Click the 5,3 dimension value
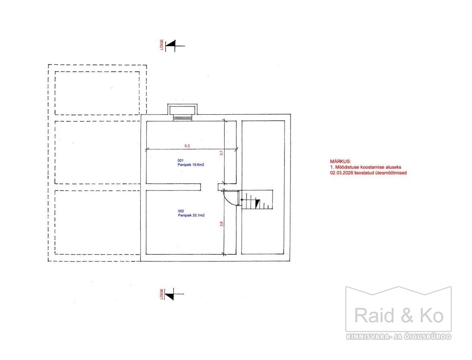(187, 146)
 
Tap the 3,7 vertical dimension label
(222, 153)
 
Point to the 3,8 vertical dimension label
(222, 224)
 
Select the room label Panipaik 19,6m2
(191, 165)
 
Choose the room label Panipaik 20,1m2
(191, 216)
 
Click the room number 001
(181, 160)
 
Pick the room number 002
(181, 211)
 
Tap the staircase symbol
(257, 200)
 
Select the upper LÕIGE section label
(162, 45)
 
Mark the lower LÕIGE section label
(162, 294)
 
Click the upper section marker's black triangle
(171, 44)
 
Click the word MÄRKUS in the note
(341, 161)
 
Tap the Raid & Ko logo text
(399, 316)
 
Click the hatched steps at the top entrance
(183, 118)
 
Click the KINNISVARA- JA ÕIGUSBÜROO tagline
(398, 337)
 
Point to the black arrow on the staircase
(258, 204)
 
